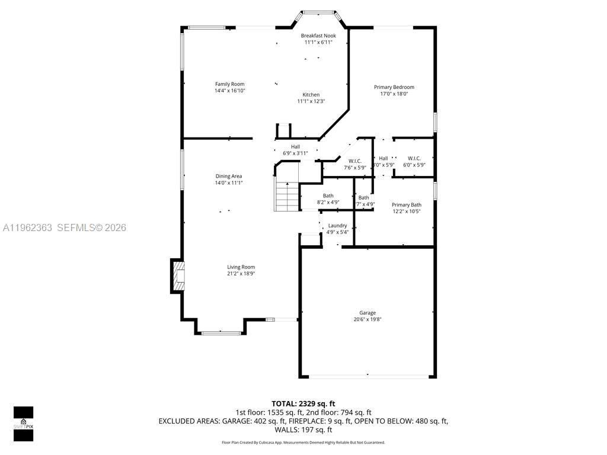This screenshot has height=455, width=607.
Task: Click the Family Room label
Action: [x=229, y=84]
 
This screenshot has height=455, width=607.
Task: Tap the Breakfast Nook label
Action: [x=318, y=36]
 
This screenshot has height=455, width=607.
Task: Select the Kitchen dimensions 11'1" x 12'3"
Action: [x=311, y=101]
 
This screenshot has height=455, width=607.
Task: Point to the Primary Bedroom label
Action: [x=394, y=87]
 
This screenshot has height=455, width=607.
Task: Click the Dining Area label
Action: [x=228, y=176]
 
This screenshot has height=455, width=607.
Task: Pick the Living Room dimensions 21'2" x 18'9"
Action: [x=241, y=274]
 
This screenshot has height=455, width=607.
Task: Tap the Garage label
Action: [x=367, y=313]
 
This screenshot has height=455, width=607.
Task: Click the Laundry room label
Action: [x=337, y=226]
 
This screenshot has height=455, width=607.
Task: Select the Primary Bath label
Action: [x=406, y=205]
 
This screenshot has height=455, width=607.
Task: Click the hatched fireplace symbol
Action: [x=178, y=276]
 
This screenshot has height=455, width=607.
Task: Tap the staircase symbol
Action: [x=286, y=196]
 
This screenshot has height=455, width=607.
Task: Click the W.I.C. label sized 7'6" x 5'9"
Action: [x=355, y=161]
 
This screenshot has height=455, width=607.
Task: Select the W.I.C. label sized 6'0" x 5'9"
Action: [x=414, y=158]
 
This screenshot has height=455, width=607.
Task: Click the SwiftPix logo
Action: [x=23, y=423]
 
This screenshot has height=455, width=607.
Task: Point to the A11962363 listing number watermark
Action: [x=27, y=227]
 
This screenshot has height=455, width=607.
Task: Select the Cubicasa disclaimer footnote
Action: [x=303, y=443]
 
